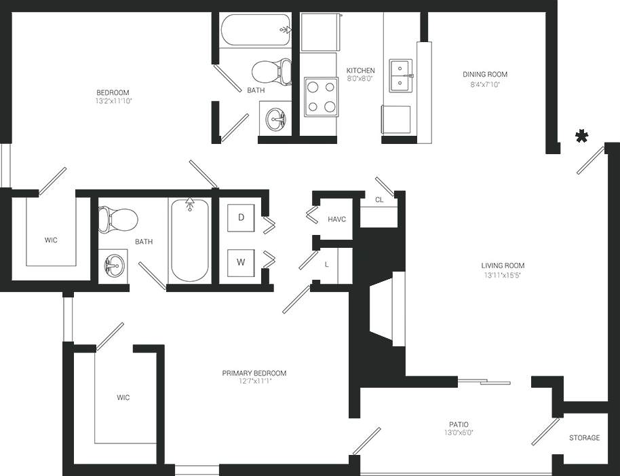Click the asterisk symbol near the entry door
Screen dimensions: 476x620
[581, 137]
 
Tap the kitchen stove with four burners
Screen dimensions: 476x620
[321, 96]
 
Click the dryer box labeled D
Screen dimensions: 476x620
[241, 217]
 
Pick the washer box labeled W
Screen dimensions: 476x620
[241, 261]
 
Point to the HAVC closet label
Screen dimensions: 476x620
[337, 219]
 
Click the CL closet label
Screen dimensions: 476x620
[379, 200]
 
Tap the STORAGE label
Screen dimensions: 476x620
[584, 438]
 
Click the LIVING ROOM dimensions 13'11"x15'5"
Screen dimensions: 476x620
[503, 275]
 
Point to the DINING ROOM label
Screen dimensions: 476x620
[484, 75]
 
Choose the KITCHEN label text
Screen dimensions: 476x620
[360, 71]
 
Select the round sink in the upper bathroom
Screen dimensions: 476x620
[276, 120]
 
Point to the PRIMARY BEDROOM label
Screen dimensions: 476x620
[254, 373]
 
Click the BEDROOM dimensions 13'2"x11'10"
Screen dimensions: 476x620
[112, 101]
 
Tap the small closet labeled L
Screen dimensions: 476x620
[326, 264]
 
